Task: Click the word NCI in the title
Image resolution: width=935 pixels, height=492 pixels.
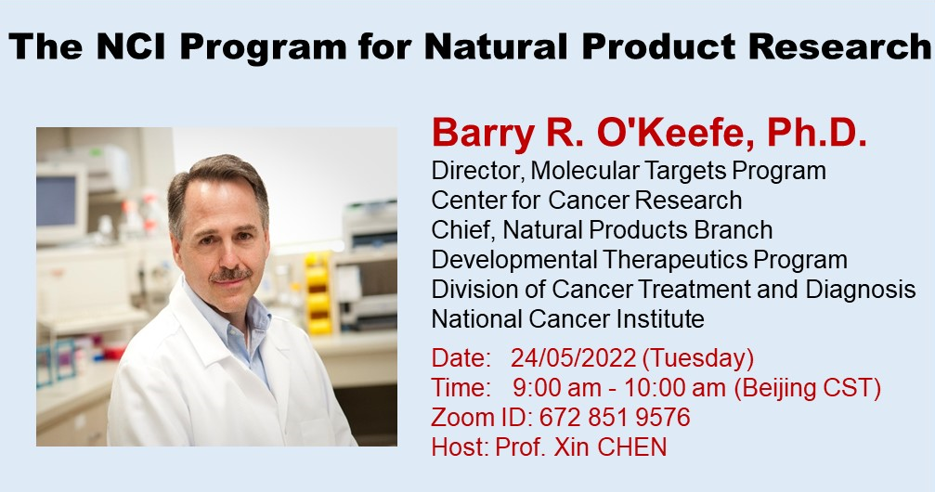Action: point(130,45)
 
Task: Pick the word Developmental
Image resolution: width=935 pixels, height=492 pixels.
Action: point(514,261)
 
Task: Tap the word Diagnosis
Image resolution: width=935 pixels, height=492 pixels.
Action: point(860,290)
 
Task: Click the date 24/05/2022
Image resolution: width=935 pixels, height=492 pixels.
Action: point(573,358)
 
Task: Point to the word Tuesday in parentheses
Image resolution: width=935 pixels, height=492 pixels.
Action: point(697,359)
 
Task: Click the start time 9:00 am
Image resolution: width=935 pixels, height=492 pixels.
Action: point(557,388)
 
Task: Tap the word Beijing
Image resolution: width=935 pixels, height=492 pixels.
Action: point(774,389)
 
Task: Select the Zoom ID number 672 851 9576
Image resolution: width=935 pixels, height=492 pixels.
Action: point(615,418)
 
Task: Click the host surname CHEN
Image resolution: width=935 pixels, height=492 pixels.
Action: point(632,447)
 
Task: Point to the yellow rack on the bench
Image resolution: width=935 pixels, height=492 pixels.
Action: point(318,292)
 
